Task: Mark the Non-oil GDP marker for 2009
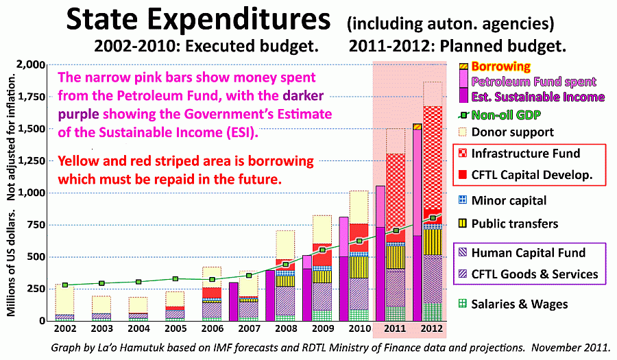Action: click(323, 250)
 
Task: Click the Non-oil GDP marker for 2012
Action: click(433, 218)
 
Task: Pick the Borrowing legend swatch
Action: click(463, 67)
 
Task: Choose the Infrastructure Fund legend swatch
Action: click(463, 154)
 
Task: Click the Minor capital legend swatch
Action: click(463, 200)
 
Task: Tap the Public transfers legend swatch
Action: click(463, 224)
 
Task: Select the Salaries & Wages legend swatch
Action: click(463, 304)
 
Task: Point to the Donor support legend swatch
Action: click(463, 132)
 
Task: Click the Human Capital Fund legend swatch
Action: click(463, 253)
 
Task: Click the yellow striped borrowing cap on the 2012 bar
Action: click(417, 126)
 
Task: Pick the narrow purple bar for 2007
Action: click(234, 302)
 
